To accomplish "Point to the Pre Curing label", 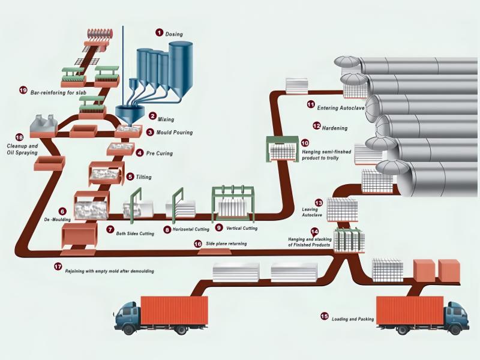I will pos(160,154).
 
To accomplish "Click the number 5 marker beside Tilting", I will pos(131,176).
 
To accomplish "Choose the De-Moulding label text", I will pos(62,220).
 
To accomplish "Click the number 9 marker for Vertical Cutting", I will pos(219,228).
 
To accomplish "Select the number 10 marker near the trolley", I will pos(305,143).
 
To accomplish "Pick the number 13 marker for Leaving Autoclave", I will pos(319,203).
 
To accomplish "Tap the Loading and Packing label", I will pos(353,319).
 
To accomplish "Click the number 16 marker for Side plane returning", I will pos(198,244).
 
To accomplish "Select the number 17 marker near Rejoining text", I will pos(58,266).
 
